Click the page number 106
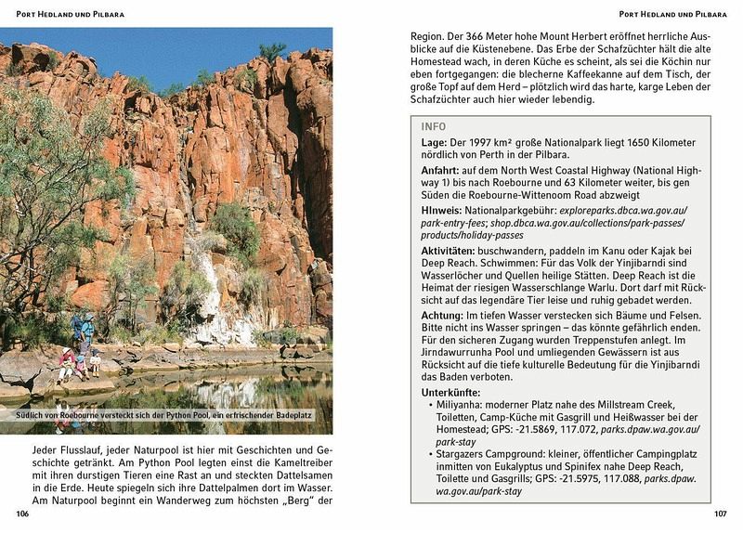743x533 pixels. (x=10, y=513)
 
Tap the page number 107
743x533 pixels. (x=720, y=513)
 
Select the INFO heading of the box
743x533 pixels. (x=433, y=126)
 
